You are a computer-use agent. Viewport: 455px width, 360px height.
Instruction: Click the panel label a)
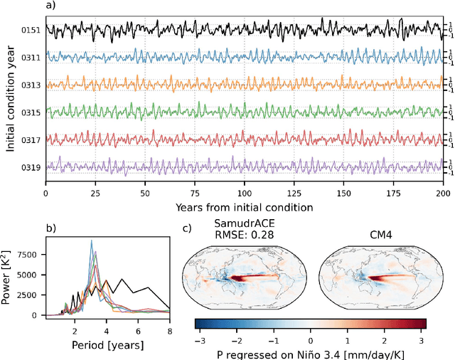tap(50, 6)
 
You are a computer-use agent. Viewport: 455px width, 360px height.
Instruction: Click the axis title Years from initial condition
tap(243, 208)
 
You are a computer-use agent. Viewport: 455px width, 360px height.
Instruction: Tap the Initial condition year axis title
tap(11, 99)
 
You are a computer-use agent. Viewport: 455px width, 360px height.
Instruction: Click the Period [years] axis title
tap(107, 344)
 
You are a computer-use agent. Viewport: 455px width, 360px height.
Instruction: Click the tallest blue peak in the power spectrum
tap(92, 241)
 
